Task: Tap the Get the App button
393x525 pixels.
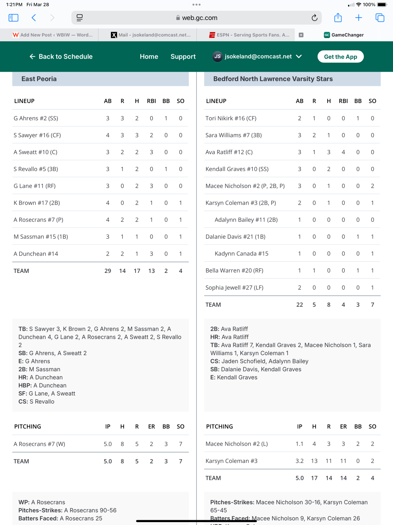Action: click(x=340, y=57)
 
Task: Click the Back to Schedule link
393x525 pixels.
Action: click(x=61, y=57)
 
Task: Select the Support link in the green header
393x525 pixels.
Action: click(x=183, y=57)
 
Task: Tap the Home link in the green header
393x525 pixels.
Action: click(x=149, y=57)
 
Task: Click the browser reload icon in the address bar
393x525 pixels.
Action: click(x=314, y=18)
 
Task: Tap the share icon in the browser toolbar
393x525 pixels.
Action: click(x=338, y=18)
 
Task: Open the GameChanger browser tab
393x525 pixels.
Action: click(x=347, y=35)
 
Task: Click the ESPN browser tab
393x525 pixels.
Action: click(x=249, y=35)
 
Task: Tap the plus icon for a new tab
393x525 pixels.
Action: click(x=358, y=18)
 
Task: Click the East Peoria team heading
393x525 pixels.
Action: click(x=39, y=79)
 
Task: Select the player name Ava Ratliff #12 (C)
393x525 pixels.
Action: click(x=229, y=152)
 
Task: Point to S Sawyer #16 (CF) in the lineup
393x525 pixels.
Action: click(x=37, y=135)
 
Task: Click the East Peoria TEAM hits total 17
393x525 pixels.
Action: click(x=137, y=271)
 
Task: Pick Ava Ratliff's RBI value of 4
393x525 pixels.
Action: click(x=343, y=152)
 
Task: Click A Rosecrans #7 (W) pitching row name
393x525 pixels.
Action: click(x=39, y=444)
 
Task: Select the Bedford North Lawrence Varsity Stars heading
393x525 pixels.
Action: click(x=273, y=79)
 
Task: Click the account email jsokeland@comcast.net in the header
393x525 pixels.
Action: click(x=258, y=57)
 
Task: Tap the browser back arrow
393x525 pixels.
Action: click(x=34, y=18)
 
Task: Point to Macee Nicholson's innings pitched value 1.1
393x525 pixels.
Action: click(x=299, y=444)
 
